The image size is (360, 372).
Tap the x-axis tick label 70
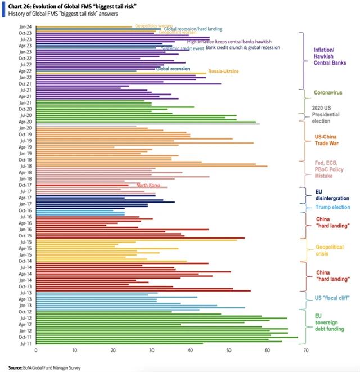306,350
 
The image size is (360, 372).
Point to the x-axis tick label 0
36,350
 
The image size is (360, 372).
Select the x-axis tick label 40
190,350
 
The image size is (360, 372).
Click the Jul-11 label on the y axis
25,342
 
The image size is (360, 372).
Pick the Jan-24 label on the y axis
25,26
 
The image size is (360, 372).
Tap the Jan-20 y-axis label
25,128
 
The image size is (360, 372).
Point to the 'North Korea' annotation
148,185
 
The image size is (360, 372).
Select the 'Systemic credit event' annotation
182,48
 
